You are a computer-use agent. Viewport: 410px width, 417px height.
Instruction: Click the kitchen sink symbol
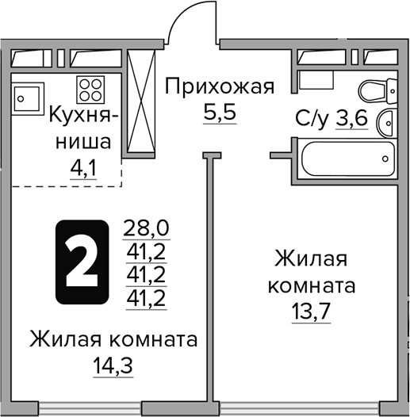tap(30, 98)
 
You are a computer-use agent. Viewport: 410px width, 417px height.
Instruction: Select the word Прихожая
tap(219, 86)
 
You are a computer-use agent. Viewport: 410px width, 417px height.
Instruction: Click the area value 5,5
tap(220, 112)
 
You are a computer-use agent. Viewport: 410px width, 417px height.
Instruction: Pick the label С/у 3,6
tap(333, 120)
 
